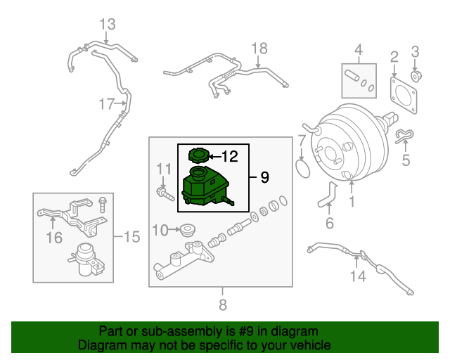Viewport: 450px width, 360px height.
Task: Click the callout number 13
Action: tap(106, 25)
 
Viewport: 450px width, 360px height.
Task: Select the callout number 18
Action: tap(259, 48)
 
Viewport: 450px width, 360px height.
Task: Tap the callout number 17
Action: tap(106, 105)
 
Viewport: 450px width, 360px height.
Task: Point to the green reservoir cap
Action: tap(199, 155)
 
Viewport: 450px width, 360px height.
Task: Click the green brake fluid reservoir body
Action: tap(204, 186)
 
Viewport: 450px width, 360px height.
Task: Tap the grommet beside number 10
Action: tap(187, 230)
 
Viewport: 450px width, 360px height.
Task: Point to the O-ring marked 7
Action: tap(302, 168)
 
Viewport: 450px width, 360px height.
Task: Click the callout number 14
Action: tap(359, 276)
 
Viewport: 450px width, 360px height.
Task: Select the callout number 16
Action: tap(54, 238)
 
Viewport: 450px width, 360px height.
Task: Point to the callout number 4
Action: tap(358, 50)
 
